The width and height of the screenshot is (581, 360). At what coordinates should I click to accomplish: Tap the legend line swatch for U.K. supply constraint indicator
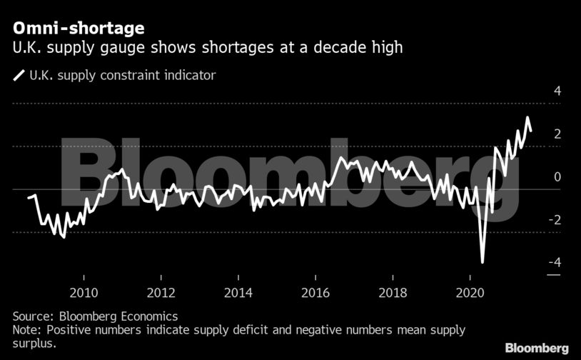pos(18,75)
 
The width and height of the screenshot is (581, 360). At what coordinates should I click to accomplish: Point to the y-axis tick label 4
pos(557,91)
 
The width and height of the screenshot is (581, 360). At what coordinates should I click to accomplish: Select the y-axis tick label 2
pos(557,134)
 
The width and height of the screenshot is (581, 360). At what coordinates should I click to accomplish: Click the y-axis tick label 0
pos(557,177)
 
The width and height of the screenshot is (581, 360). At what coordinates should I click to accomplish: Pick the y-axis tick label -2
pos(554,220)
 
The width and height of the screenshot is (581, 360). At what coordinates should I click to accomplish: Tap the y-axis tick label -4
pos(554,263)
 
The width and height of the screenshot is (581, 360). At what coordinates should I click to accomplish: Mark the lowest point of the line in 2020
pos(483,262)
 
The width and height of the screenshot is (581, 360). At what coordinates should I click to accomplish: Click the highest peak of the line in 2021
pos(527,118)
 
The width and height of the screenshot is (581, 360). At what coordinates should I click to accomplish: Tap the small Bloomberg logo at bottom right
pos(537,348)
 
